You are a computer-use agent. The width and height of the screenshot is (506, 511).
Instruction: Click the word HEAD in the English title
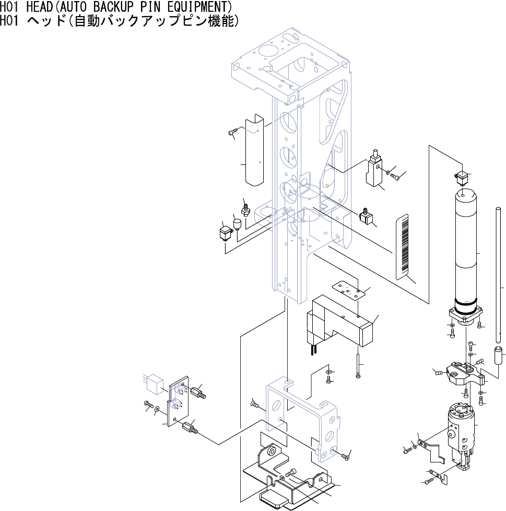[x=35, y=7]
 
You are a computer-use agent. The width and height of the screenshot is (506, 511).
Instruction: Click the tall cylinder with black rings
[x=465, y=251]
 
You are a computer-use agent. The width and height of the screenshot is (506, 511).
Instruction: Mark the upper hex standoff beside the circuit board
[x=198, y=391]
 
